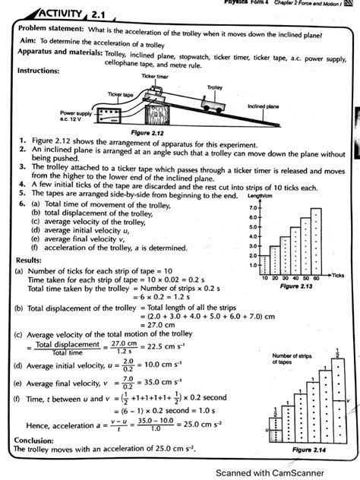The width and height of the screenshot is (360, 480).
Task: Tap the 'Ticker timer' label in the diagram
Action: pos(156,77)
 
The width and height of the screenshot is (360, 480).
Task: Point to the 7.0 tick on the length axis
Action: pos(254,207)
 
